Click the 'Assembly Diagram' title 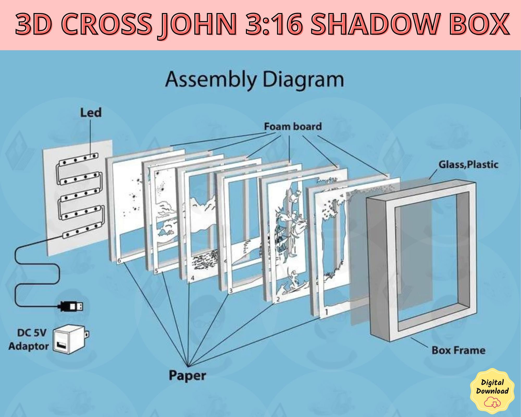click(x=255, y=80)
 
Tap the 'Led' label click(x=91, y=113)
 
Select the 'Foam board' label click(x=293, y=127)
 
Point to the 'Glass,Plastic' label click(x=468, y=164)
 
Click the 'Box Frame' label click(x=458, y=350)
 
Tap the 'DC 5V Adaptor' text click(x=29, y=340)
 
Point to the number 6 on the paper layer click(x=120, y=260)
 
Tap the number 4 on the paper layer click(x=193, y=278)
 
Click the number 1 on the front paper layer click(x=327, y=311)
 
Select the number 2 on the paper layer click(x=278, y=299)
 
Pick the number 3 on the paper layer click(x=231, y=291)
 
